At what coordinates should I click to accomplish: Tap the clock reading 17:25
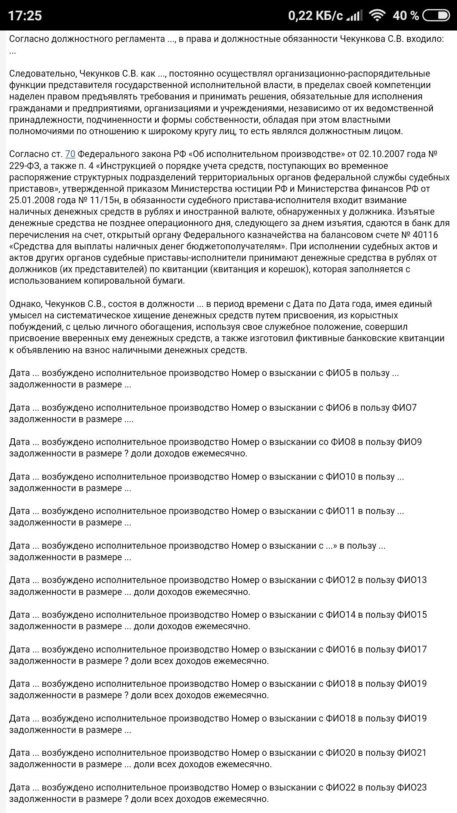click(x=25, y=16)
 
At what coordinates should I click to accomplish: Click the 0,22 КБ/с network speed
click(x=315, y=16)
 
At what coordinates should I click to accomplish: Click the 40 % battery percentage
click(x=405, y=16)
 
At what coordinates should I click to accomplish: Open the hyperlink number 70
click(x=70, y=154)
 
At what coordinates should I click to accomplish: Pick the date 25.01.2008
click(x=30, y=200)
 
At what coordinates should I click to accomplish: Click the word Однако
click(x=25, y=304)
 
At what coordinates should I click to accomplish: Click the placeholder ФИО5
click(x=338, y=373)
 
